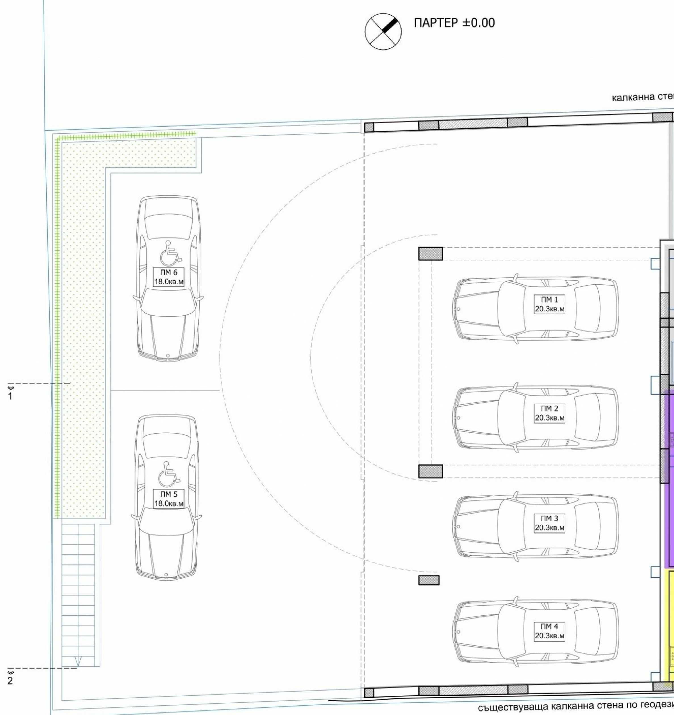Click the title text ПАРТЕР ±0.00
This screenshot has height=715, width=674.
[x=454, y=23]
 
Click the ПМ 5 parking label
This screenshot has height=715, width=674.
[x=169, y=499]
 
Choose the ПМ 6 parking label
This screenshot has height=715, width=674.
[x=169, y=277]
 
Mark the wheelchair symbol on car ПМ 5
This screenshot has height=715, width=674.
[x=169, y=473]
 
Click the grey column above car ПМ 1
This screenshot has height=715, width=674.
[x=431, y=254]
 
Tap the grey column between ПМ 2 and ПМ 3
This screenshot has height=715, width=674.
[x=431, y=471]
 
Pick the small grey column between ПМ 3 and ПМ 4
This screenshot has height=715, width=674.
[x=429, y=580]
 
